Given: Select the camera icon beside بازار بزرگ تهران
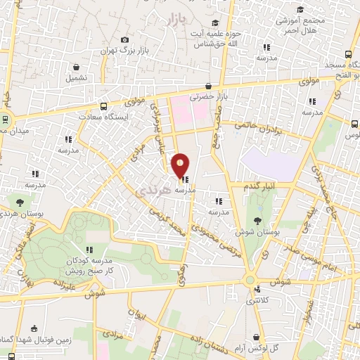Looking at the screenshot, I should [125, 40].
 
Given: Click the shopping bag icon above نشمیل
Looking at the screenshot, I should [76, 67].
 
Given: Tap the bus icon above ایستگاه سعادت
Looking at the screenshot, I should [103, 106].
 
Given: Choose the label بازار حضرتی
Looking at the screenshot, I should [210, 95].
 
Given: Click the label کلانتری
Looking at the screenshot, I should [263, 301].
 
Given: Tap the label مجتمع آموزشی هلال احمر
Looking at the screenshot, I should [300, 26].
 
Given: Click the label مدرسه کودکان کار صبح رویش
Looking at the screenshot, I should [90, 265].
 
